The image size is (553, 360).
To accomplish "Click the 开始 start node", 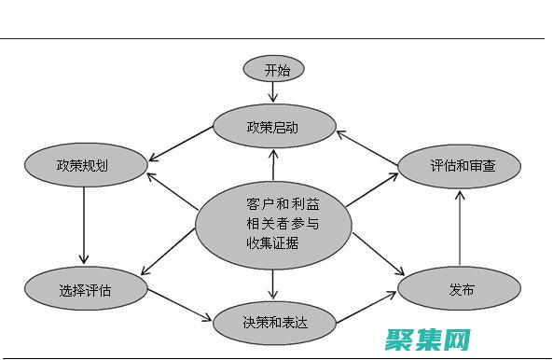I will point(272,69).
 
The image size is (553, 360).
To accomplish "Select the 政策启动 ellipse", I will point(273,127).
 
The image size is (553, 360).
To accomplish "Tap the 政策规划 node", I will point(86,166).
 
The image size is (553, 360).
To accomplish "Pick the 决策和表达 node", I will point(273,323).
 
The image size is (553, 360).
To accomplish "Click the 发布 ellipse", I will point(461,289).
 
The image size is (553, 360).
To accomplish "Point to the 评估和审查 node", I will point(461,167).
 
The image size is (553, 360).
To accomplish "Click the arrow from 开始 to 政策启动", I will point(273,92).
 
